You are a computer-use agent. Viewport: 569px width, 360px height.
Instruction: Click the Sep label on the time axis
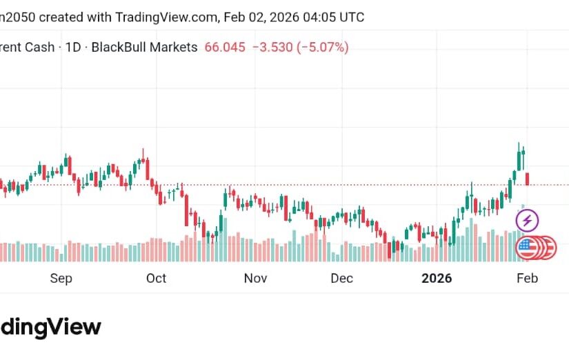click(61, 279)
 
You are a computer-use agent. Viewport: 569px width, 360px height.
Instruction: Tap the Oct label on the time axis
click(157, 279)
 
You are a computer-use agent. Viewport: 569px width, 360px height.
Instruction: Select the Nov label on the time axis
click(255, 279)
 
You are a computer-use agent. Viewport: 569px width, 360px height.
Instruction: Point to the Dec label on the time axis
click(341, 279)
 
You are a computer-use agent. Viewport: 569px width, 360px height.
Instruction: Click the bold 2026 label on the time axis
click(437, 279)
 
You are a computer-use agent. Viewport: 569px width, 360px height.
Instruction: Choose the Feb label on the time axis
click(528, 279)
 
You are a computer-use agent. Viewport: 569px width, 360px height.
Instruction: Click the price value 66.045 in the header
click(225, 48)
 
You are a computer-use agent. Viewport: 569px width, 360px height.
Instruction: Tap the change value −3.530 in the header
click(274, 48)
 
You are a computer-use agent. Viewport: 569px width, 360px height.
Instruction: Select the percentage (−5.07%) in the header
click(323, 48)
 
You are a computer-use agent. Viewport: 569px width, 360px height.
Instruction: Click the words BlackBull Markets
click(144, 48)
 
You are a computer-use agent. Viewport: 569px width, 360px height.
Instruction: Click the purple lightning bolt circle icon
click(528, 221)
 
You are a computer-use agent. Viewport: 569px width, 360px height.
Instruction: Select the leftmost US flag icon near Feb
click(528, 248)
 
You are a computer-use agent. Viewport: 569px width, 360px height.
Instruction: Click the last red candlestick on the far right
click(528, 179)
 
